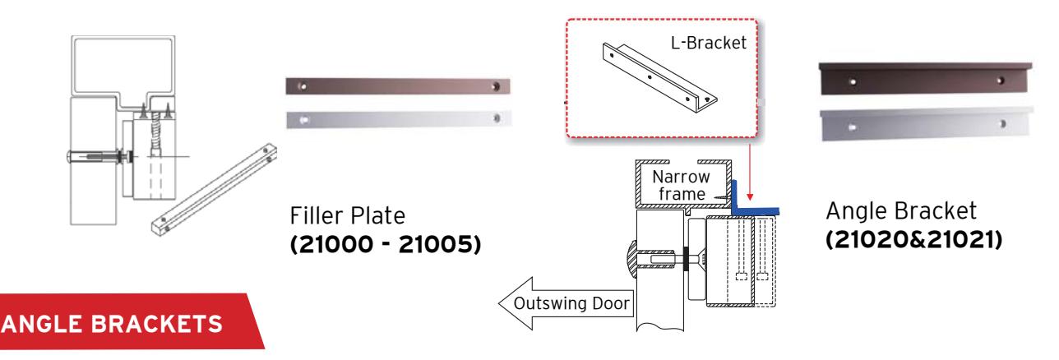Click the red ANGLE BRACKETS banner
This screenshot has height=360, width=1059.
[127, 321]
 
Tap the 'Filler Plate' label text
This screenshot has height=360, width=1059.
[348, 216]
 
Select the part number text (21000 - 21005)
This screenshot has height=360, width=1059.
[386, 244]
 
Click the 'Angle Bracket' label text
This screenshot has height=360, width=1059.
[901, 210]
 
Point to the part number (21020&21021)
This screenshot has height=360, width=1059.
[913, 239]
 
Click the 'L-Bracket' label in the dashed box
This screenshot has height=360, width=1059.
[709, 43]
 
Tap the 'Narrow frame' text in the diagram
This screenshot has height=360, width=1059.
[682, 185]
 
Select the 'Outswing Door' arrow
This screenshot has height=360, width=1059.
[566, 303]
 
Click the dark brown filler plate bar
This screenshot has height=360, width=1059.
[398, 86]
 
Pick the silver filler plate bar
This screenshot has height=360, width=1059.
[399, 119]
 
